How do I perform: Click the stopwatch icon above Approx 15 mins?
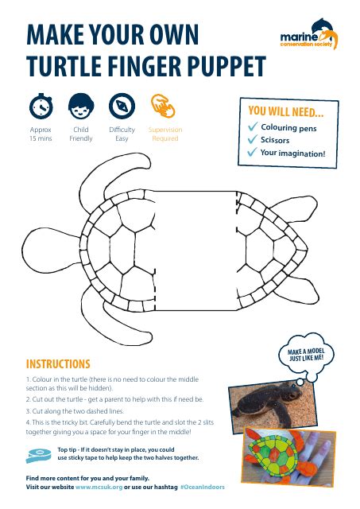pos(41,106)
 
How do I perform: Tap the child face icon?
pos(81,106)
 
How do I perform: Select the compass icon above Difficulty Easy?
pos(122,106)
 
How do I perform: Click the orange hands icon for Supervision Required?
pos(163,106)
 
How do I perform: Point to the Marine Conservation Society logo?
pos(309,34)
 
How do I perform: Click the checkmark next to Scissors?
pos(253,139)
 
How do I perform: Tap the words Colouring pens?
pos(288,128)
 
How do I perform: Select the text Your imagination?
pos(292,153)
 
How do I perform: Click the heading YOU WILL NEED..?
pos(286,111)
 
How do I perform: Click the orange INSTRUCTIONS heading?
pos(58,364)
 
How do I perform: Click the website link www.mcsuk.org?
pos(99,487)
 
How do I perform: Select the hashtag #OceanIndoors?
pos(203,487)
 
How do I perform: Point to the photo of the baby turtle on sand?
pos(273,404)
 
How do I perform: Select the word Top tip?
pos(67,449)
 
